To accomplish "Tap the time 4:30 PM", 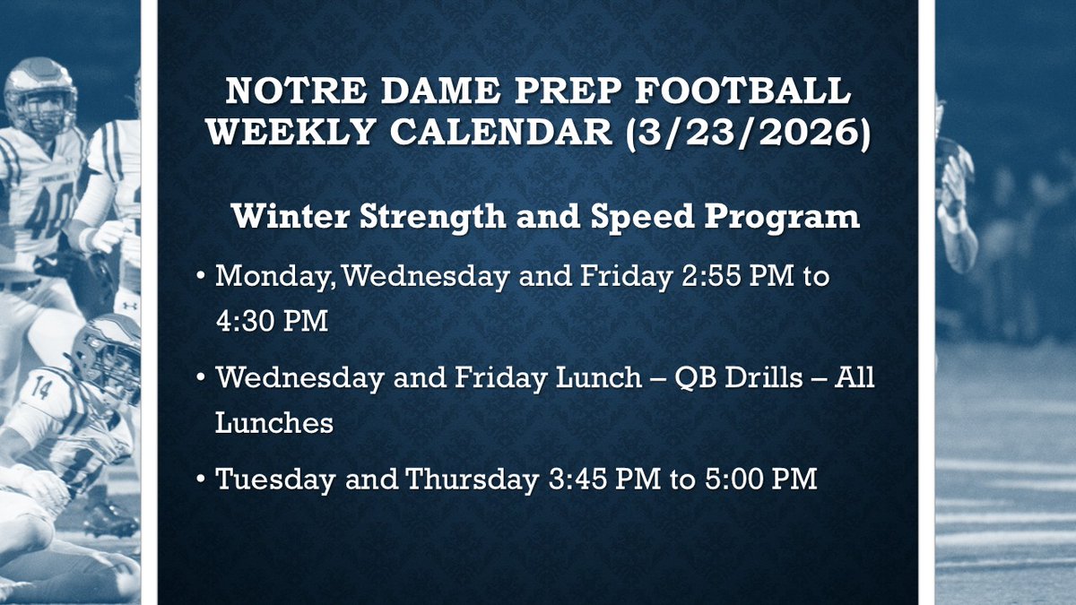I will (x=272, y=320).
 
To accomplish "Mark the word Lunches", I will (x=273, y=421).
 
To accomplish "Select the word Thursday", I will (x=469, y=480).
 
